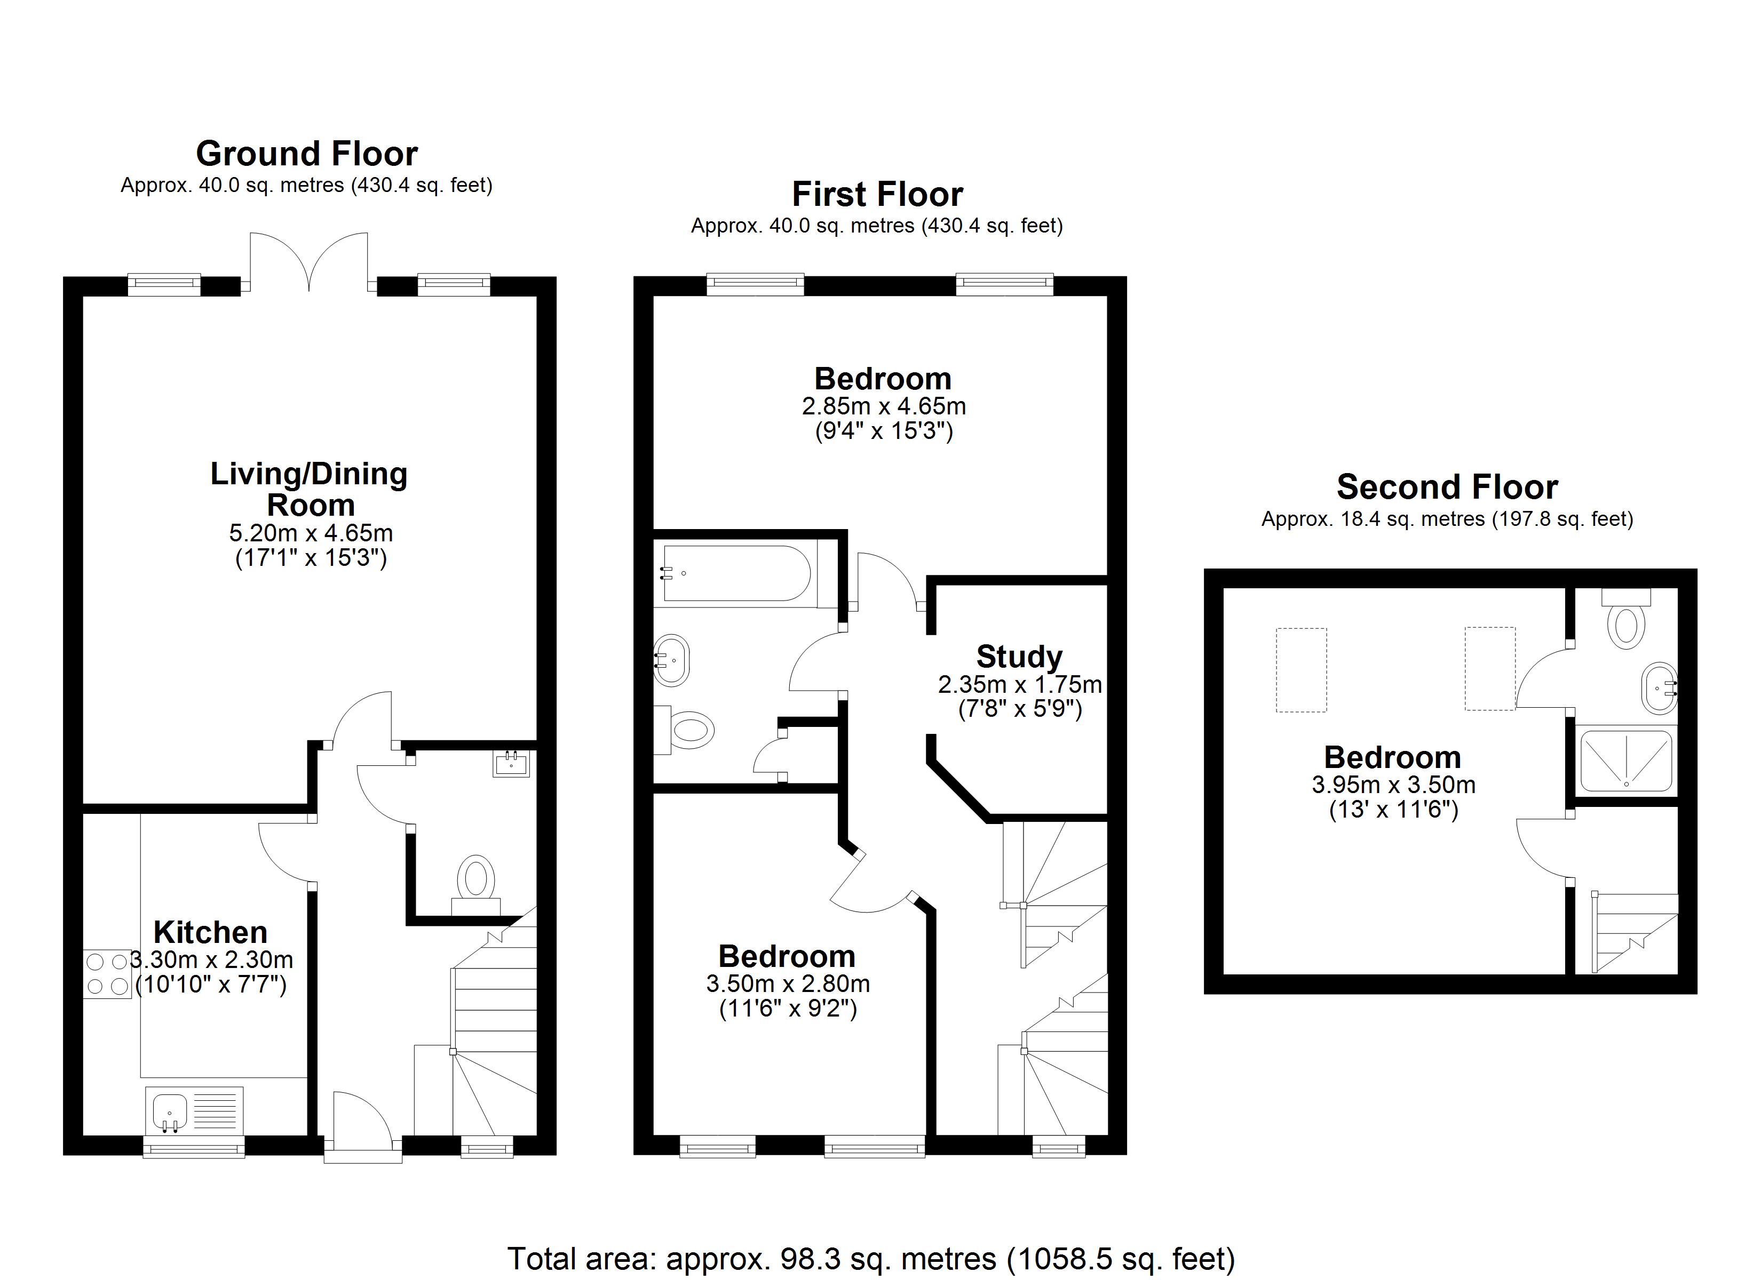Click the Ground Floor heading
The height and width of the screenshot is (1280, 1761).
click(x=307, y=154)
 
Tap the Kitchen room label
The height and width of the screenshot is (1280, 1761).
click(x=210, y=932)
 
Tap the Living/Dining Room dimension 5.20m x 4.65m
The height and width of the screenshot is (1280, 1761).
click(x=311, y=533)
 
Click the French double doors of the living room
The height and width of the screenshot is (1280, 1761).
click(x=309, y=261)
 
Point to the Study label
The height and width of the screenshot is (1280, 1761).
click(x=1019, y=657)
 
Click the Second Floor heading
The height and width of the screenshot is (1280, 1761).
click(x=1447, y=487)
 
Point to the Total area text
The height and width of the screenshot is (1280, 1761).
click(x=871, y=1258)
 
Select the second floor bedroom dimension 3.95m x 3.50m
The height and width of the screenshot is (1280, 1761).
click(x=1394, y=785)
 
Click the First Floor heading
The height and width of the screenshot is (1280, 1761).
click(x=877, y=194)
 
